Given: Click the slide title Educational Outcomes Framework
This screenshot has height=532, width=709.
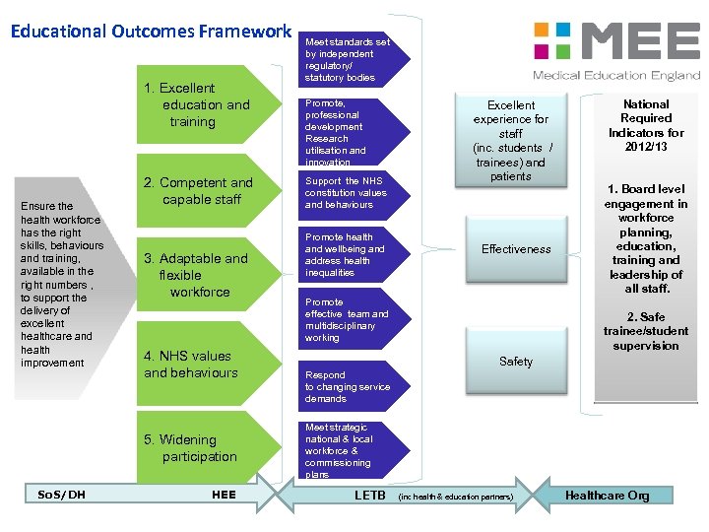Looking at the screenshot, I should pos(151,32).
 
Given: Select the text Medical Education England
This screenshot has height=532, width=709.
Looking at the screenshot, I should pos(615,75).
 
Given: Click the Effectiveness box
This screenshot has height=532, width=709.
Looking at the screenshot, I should pos(516,250).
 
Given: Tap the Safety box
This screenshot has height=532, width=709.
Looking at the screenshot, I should pos(516,362).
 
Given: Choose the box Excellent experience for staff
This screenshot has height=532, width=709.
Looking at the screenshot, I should pos(511,140).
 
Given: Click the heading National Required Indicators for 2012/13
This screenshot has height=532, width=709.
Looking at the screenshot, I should pos(646,125).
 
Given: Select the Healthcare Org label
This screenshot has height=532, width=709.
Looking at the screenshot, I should pos(607,496).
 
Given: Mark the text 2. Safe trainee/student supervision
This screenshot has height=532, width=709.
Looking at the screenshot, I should pos(646,332).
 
